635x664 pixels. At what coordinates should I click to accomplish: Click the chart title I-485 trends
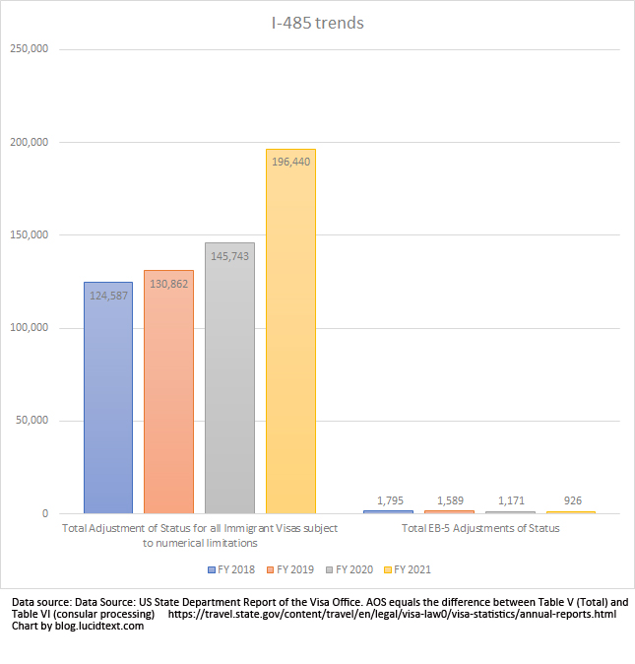click(317, 22)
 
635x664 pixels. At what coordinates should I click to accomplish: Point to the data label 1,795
click(388, 500)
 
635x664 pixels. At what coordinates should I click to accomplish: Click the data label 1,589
click(449, 500)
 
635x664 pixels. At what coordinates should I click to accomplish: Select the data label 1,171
click(510, 500)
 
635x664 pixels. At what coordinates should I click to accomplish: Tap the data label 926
click(571, 500)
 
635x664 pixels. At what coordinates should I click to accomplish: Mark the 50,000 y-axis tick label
click(31, 421)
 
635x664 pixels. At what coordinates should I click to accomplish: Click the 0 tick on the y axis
click(44, 513)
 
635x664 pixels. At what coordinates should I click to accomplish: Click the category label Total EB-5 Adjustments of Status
click(480, 529)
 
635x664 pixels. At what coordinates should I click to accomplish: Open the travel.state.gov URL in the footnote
click(392, 614)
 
